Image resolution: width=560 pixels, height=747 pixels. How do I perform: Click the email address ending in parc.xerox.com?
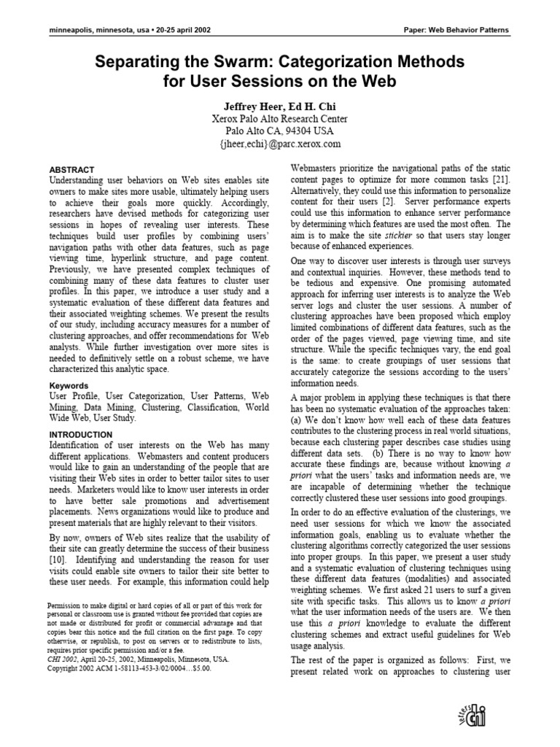280,144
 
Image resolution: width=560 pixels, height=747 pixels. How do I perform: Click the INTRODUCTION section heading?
80,435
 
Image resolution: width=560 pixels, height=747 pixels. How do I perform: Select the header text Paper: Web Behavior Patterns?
456,30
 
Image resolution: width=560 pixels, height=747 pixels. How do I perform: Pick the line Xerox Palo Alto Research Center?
280,118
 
